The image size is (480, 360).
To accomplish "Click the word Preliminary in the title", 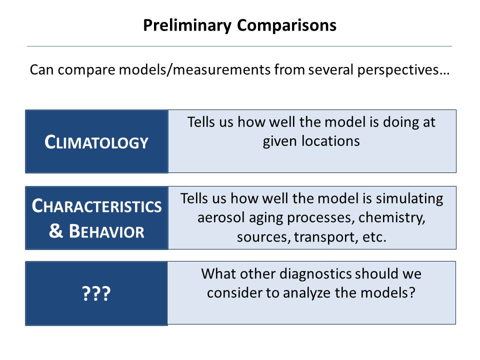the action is [187, 25].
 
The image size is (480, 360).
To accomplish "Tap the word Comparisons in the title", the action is [286, 25].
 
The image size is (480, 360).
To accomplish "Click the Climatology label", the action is [96, 142].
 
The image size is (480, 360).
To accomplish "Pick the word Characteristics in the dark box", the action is [96, 205].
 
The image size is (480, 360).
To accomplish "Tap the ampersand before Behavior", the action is [55, 231].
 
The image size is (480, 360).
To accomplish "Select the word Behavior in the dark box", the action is [106, 231].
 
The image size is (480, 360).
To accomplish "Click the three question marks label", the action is [96, 293].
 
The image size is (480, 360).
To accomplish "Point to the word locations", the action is [330, 141].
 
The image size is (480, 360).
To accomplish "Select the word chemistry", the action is [392, 218].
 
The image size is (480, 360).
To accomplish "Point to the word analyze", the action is [307, 293].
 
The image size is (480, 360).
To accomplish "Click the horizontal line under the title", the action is [239, 46].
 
